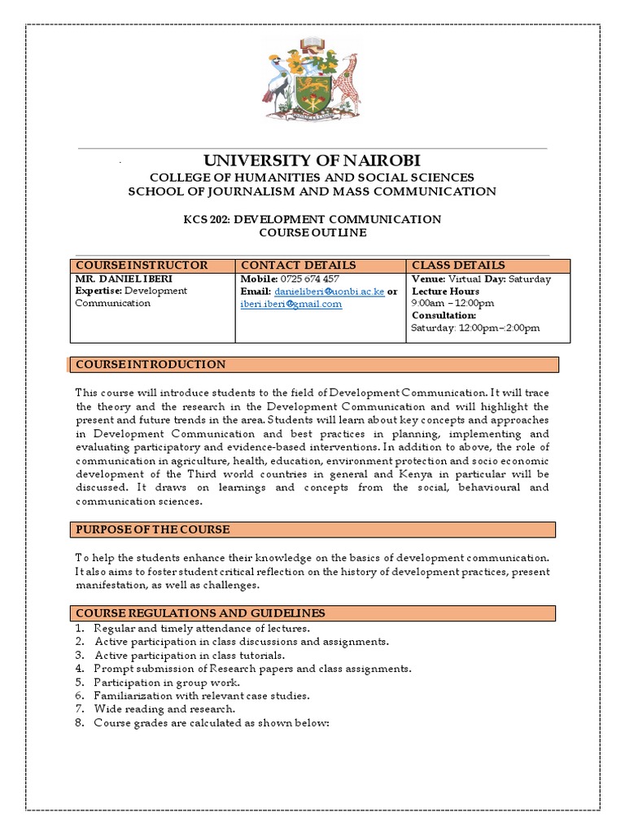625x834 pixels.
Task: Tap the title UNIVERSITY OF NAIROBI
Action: [312, 160]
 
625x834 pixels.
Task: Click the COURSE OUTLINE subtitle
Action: [312, 232]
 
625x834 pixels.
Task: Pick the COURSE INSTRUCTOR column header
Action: [142, 266]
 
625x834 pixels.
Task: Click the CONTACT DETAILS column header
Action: [298, 266]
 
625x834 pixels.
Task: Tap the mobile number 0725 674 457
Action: [310, 279]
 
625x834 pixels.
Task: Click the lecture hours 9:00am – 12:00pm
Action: [453, 303]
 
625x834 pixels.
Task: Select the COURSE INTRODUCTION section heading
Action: [151, 364]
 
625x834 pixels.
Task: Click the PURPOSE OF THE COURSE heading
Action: [153, 530]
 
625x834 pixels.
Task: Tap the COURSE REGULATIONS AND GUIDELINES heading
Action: [200, 612]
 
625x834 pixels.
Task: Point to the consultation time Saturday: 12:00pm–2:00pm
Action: [475, 328]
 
